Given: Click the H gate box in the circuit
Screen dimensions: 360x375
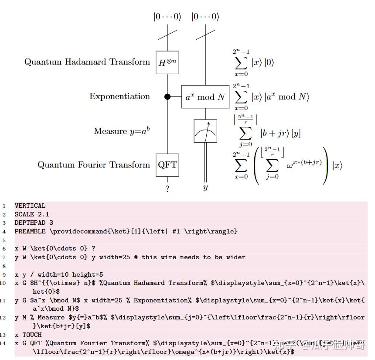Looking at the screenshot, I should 167,62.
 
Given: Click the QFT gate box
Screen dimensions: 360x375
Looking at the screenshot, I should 167,165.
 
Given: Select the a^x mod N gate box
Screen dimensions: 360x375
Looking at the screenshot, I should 205,97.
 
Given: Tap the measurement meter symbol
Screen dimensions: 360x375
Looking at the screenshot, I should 205,131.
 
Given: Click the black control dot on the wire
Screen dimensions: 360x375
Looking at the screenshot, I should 167,97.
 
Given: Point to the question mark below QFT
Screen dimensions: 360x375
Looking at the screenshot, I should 167,189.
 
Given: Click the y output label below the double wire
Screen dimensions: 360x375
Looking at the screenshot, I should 205,188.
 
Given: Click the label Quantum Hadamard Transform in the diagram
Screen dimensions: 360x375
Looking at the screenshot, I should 87,62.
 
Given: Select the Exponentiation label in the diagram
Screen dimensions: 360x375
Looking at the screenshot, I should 119,96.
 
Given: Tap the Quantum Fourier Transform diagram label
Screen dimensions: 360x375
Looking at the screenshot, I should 93,165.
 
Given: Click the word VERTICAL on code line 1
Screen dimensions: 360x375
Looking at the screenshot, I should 30,206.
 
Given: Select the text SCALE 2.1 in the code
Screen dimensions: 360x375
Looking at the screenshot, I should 32,214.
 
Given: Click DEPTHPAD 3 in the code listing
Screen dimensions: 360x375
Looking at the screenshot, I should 34,223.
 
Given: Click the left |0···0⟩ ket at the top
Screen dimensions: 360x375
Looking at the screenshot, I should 167,17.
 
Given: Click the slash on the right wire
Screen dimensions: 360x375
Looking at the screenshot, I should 205,33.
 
